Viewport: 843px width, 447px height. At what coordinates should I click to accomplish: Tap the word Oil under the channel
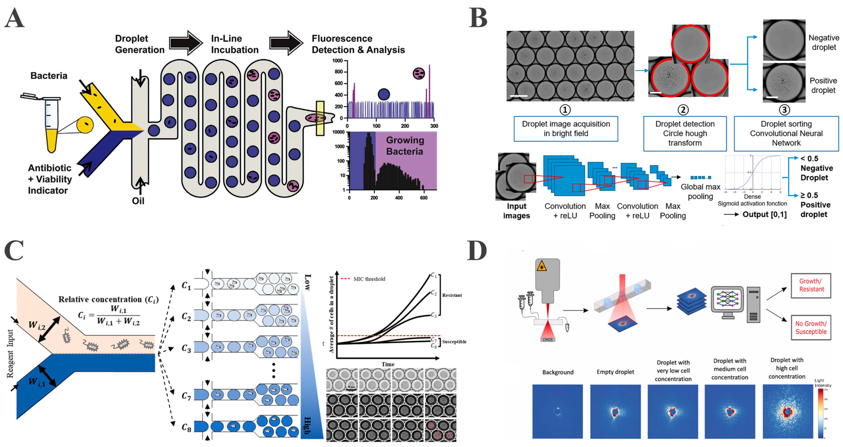(138, 201)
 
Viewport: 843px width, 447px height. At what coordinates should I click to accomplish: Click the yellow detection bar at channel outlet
(320, 118)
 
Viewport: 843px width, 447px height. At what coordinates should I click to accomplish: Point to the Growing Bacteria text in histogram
(405, 146)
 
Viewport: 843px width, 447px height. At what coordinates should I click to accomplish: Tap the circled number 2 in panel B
(683, 110)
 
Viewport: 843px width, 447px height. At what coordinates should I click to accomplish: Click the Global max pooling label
(700, 192)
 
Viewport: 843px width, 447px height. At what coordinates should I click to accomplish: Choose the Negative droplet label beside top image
(823, 43)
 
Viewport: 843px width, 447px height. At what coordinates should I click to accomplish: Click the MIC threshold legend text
(369, 279)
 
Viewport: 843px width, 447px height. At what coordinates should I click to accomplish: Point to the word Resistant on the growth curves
(452, 295)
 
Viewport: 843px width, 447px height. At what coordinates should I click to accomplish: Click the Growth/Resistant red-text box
(811, 285)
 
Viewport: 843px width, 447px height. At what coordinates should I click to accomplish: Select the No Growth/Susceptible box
(811, 328)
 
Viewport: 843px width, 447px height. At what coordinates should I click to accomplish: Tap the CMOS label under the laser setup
(547, 340)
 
